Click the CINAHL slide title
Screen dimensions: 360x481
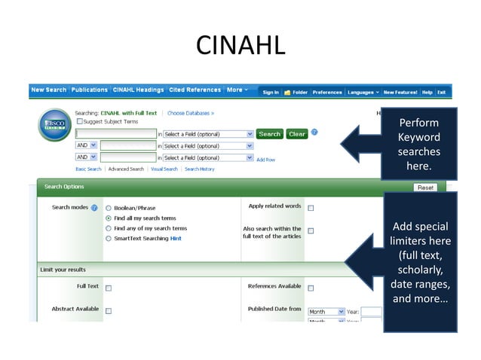[x=240, y=45]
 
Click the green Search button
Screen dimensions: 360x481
[x=269, y=134]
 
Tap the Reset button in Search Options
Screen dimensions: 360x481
[x=425, y=188]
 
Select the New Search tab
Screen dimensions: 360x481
[x=49, y=90]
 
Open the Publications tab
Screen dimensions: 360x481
[x=90, y=90]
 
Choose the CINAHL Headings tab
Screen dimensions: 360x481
[x=138, y=90]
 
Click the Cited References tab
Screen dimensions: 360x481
[x=195, y=90]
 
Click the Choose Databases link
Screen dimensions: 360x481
[x=190, y=113]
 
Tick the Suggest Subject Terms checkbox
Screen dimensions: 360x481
[x=79, y=121]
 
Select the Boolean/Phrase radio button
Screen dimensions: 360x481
[x=109, y=208]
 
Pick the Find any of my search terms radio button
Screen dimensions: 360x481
[x=109, y=228]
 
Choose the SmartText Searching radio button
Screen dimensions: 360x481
[x=109, y=239]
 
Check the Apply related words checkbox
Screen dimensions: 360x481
[x=311, y=208]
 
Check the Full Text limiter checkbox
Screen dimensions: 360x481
[x=109, y=288]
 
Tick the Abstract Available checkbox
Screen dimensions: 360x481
[x=109, y=310]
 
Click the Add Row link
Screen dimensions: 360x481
[x=265, y=160]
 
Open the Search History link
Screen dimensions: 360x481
[x=200, y=169]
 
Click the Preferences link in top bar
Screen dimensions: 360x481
[x=327, y=92]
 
